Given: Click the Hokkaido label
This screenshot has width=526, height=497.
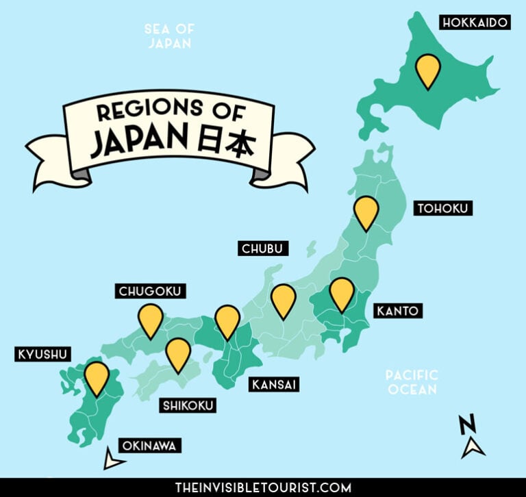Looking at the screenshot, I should tap(475, 23).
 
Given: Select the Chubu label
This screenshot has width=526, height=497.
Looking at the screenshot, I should tap(264, 248).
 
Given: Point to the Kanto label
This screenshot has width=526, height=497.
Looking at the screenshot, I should tap(396, 311).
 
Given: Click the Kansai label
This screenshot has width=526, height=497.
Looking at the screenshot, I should tap(274, 384).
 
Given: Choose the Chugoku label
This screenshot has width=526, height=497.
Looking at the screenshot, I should tap(150, 292).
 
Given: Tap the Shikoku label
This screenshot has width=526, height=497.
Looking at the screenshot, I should tap(188, 405).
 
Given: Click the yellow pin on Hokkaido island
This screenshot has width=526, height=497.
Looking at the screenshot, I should tap(429, 69).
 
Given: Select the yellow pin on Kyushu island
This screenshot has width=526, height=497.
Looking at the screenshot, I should tap(97, 377).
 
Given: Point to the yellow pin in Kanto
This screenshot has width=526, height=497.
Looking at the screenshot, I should tap(341, 292).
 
